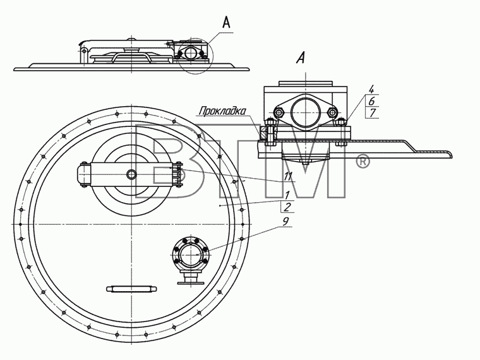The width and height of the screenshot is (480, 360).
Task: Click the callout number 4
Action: tap(371, 90)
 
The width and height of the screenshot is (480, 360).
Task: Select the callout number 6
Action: tap(372, 101)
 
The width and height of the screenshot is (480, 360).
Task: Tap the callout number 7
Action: tap(372, 112)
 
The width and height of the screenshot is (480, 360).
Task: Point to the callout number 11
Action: tap(288, 176)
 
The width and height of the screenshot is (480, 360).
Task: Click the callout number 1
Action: tap(287, 195)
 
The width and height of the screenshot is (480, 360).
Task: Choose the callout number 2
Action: tap(287, 207)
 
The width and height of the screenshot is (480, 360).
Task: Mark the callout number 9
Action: tap(285, 221)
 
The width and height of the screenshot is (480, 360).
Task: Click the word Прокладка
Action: tap(222, 111)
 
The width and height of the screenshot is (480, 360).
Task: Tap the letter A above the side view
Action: tap(226, 22)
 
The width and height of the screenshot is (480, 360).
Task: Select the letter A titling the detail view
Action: tap(301, 57)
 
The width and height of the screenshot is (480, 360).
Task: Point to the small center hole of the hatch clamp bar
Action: tap(131, 174)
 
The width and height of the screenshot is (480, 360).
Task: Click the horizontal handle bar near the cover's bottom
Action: tap(131, 289)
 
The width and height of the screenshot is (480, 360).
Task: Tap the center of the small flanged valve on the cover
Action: tap(190, 254)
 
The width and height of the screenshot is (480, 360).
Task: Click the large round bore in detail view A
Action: tap(306, 112)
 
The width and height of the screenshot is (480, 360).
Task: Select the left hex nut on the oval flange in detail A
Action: tap(279, 112)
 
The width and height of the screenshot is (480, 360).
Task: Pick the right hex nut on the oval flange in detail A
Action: tap(332, 112)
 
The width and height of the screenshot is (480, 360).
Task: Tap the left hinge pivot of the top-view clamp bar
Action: tap(83, 174)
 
